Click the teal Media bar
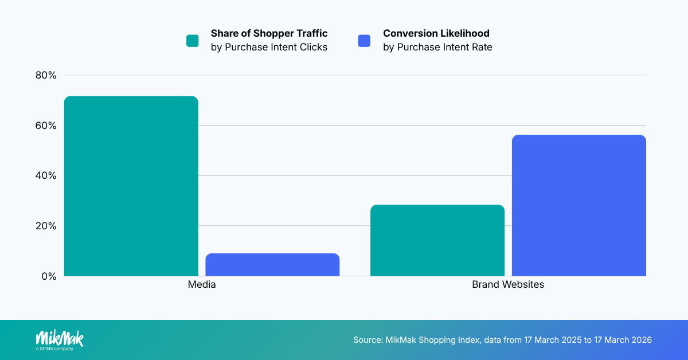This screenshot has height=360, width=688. pyautogui.click(x=131, y=186)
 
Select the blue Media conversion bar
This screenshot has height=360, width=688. pyautogui.click(x=272, y=265)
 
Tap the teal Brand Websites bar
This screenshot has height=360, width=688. pyautogui.click(x=437, y=240)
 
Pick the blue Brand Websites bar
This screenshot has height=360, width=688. pyautogui.click(x=579, y=205)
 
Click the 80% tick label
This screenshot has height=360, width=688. pyautogui.click(x=45, y=75)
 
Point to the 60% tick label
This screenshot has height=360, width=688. pyautogui.click(x=45, y=126)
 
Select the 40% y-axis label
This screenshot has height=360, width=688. pyautogui.click(x=45, y=175)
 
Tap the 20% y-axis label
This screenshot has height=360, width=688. pyautogui.click(x=45, y=226)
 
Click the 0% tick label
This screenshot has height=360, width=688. pyautogui.click(x=48, y=276)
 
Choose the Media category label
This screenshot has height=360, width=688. pyautogui.click(x=202, y=284)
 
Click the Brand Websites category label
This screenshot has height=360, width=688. pyautogui.click(x=508, y=284)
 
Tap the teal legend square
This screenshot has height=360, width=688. pyautogui.click(x=193, y=41)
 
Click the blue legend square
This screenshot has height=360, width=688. pyautogui.click(x=364, y=41)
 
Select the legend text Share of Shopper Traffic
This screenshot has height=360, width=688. pyautogui.click(x=269, y=33)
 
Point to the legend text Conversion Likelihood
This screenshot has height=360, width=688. pyautogui.click(x=436, y=33)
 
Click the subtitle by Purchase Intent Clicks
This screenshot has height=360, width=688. pyautogui.click(x=269, y=48)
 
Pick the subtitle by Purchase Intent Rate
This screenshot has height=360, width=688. pyautogui.click(x=437, y=48)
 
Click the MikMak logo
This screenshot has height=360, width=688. pyautogui.click(x=60, y=337)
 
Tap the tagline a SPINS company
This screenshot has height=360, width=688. pyautogui.click(x=54, y=349)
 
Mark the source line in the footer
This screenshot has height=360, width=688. pyautogui.click(x=502, y=340)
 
